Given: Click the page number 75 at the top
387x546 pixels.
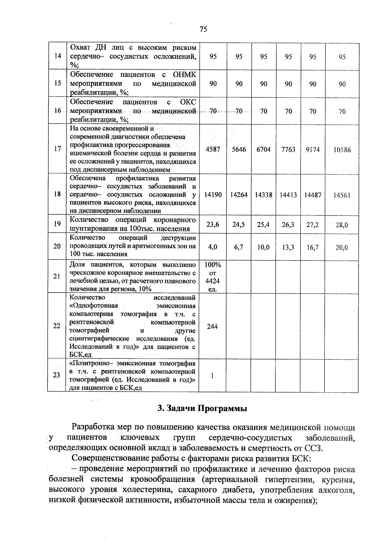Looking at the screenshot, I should tap(203, 30).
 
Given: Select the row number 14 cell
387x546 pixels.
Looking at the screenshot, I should tap(58, 56).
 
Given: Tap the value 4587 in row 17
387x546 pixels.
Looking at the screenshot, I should tap(213, 150).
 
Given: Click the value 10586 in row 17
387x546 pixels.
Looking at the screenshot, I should tap(342, 150).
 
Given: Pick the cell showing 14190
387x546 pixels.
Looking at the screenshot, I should tap(213, 195).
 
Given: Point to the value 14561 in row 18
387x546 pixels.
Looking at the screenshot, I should tap(342, 195).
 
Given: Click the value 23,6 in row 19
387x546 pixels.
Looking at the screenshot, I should tap(213, 224).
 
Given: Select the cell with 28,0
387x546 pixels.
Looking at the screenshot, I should tap(342, 225).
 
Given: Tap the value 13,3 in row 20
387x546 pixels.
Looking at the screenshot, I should tap(288, 247).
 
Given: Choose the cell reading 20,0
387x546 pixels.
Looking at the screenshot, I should tap(342, 248).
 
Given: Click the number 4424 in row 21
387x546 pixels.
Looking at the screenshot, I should tap(213, 281).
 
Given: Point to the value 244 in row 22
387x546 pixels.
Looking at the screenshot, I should tap(212, 326).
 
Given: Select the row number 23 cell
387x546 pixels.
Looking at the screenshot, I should tap(57, 375).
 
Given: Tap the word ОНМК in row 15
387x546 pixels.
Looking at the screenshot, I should tap(184, 75).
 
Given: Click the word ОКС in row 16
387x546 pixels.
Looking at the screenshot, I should tap(188, 102).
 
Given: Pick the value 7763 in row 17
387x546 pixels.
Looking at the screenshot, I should tap(288, 150).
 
